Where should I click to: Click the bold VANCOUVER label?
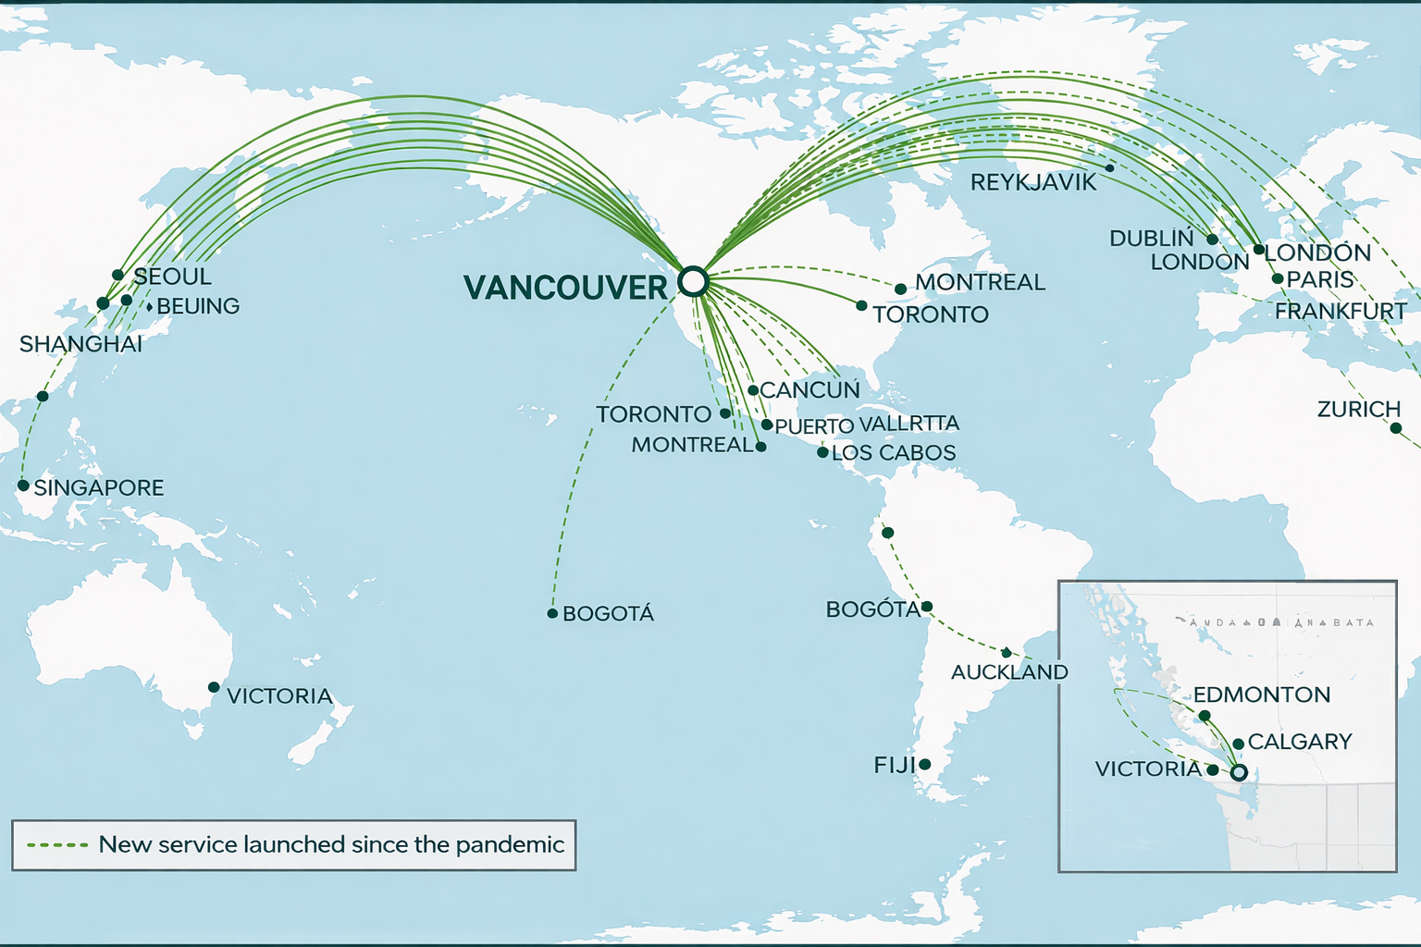565,288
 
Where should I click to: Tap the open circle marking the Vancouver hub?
692,280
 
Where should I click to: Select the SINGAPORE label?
99,487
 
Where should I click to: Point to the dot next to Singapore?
23,485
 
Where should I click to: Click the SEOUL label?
173,277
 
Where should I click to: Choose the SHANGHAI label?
81,344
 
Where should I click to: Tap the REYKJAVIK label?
1032,182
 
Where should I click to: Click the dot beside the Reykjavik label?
1109,167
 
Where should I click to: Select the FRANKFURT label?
1341,312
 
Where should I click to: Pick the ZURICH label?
1358,409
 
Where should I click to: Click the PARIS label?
1320,279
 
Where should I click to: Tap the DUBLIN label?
1152,239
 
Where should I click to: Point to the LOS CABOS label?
893,453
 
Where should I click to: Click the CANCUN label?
809,390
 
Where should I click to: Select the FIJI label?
894,765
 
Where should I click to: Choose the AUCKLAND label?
1009,672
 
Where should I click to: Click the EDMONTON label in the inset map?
1261,695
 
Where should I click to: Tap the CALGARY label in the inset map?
1299,742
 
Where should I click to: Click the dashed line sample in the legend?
57,844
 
